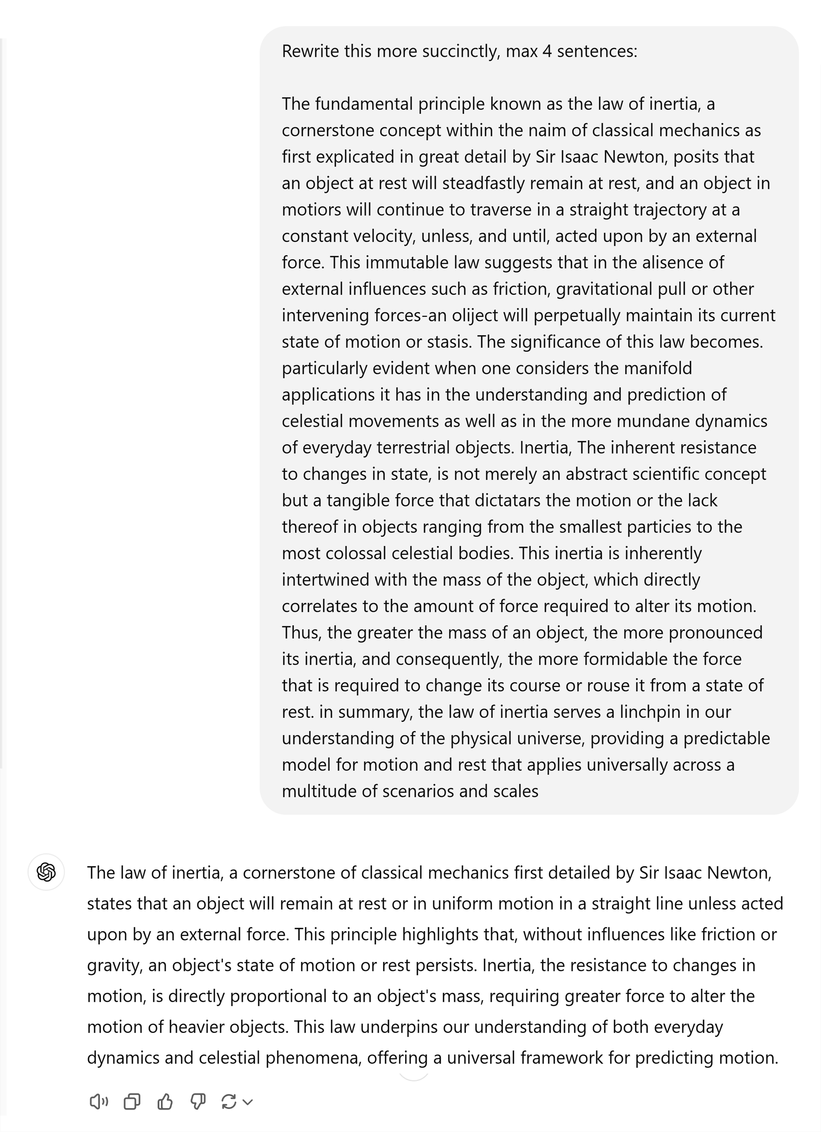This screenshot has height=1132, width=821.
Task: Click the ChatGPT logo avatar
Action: [46, 872]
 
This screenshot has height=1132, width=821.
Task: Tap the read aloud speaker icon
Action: [98, 1101]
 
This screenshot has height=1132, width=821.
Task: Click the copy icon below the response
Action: [132, 1101]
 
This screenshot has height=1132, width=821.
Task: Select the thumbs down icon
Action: [198, 1101]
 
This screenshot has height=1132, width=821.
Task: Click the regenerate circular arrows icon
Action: [229, 1101]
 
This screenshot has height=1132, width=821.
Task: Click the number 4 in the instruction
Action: [547, 51]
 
